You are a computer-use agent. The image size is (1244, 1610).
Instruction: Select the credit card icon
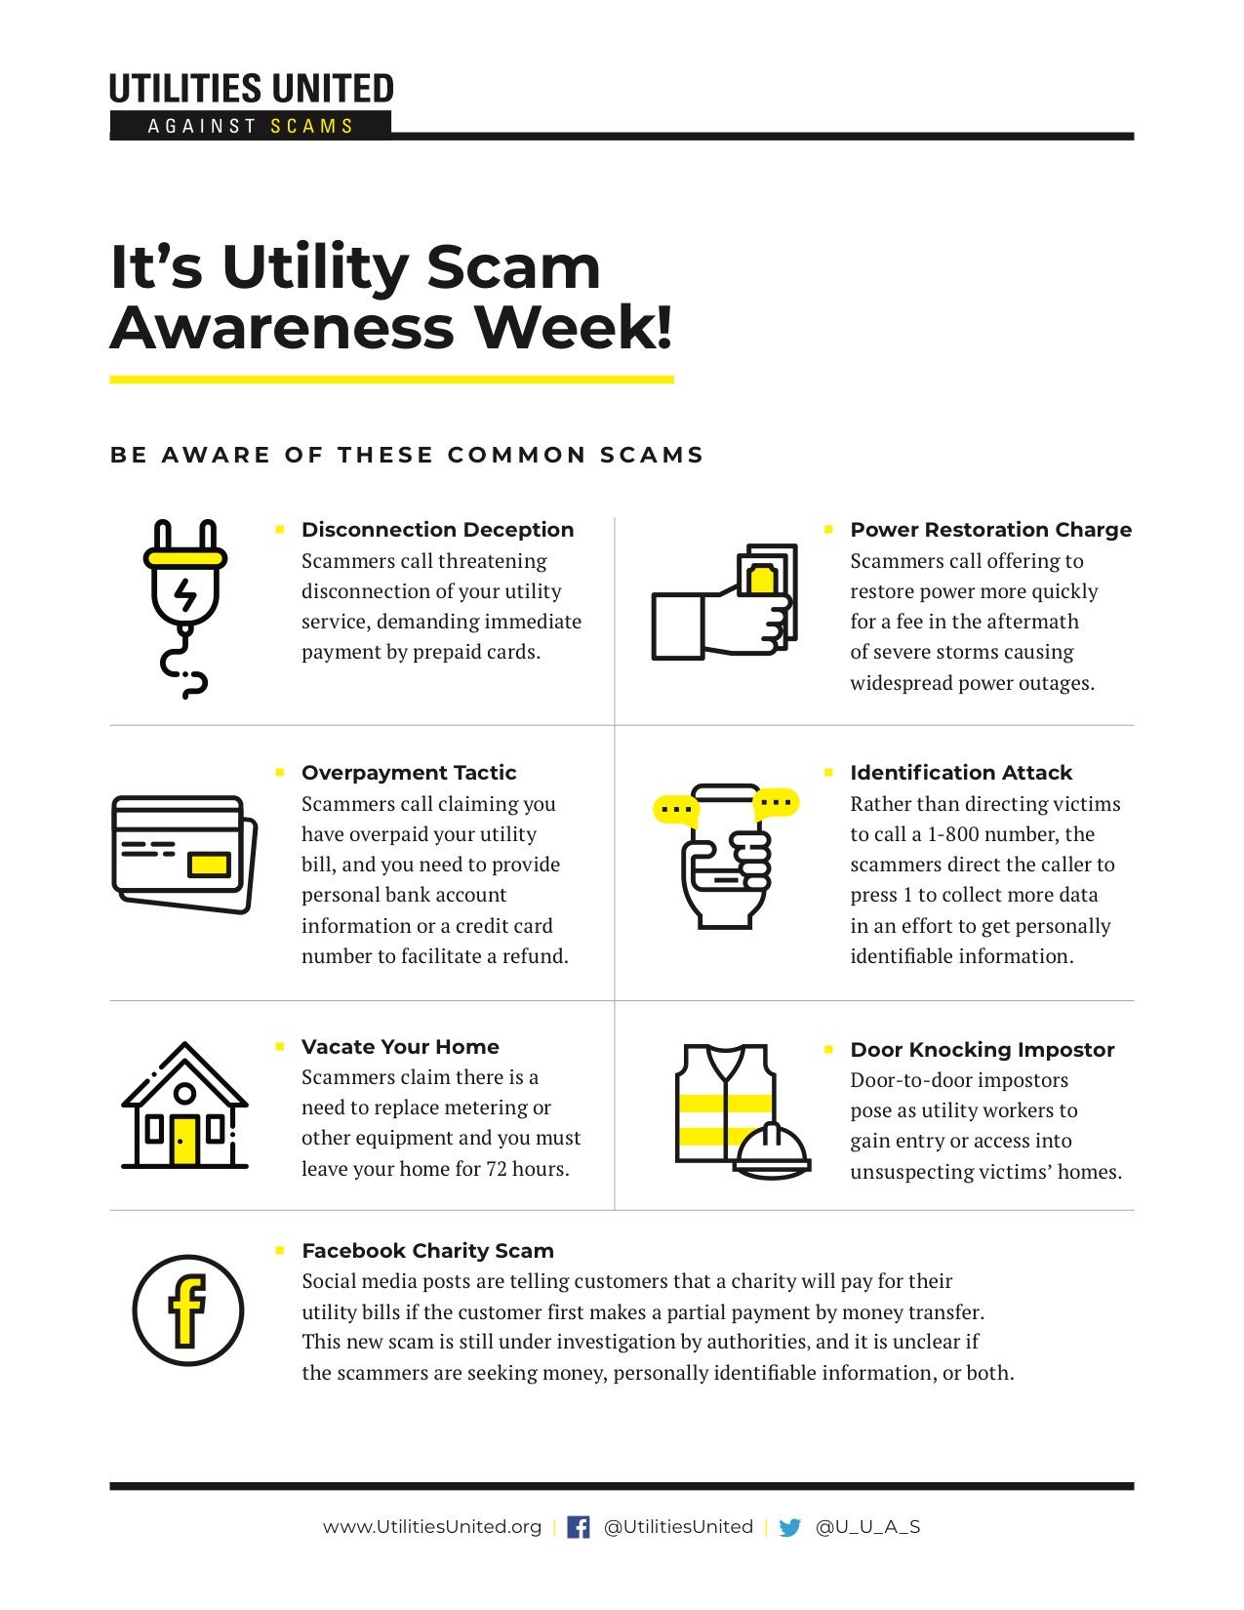click(x=184, y=854)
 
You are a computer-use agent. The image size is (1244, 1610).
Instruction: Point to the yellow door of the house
click(x=184, y=1141)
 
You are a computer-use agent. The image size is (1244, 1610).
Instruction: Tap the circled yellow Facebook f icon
click(x=188, y=1309)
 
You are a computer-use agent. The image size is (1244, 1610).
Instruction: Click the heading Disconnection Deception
click(x=437, y=530)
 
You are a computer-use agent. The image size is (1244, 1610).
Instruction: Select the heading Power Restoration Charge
click(x=990, y=530)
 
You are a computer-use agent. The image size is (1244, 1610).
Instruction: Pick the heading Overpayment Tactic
click(x=408, y=773)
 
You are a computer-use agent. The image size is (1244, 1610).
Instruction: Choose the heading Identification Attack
click(x=960, y=773)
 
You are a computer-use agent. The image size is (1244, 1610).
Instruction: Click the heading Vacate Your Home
click(x=400, y=1047)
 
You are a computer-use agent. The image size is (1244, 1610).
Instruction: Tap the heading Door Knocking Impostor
click(x=982, y=1050)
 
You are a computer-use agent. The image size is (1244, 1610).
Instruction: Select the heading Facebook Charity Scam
click(x=427, y=1251)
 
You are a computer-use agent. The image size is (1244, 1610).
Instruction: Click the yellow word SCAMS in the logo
click(x=312, y=126)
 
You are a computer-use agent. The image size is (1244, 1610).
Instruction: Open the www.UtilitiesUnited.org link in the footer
click(x=432, y=1527)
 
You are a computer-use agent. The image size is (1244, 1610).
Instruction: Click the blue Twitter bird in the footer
click(x=789, y=1528)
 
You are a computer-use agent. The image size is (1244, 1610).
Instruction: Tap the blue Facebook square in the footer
click(x=578, y=1528)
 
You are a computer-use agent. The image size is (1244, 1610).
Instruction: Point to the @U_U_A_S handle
click(x=867, y=1527)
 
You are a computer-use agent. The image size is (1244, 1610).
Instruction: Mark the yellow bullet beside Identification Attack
click(x=828, y=773)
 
